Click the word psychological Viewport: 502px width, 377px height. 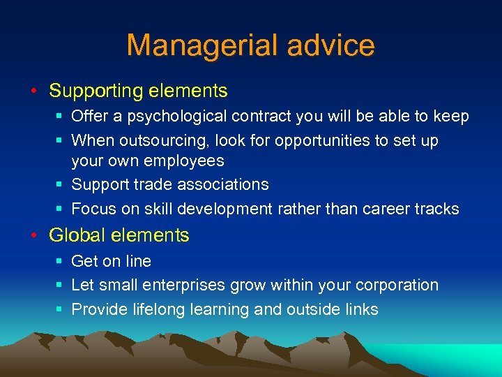point(178,117)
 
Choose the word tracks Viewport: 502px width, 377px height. point(438,209)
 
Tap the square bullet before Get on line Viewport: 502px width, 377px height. point(59,262)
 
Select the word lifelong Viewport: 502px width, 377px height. point(157,309)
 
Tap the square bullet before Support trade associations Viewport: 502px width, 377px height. point(59,185)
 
